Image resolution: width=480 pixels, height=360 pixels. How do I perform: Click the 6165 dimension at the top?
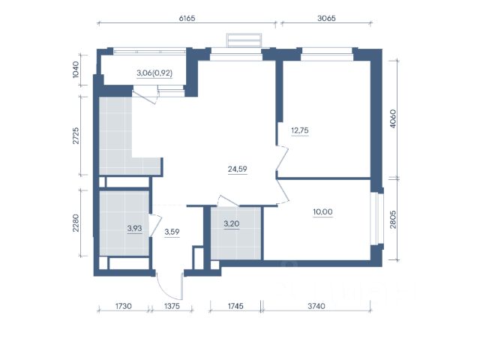click(x=187, y=18)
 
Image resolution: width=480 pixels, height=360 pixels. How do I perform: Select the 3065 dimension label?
click(x=326, y=18)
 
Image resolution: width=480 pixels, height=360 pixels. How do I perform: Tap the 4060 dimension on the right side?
click(x=393, y=118)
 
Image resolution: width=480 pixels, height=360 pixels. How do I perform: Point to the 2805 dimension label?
click(x=393, y=220)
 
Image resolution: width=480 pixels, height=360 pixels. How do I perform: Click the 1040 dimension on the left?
click(x=76, y=70)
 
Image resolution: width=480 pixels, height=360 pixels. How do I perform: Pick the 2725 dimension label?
click(x=76, y=136)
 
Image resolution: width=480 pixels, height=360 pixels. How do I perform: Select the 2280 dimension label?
click(x=76, y=223)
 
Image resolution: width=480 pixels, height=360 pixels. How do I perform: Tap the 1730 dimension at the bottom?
click(x=123, y=306)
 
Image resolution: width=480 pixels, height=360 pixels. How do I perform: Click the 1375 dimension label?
click(x=172, y=306)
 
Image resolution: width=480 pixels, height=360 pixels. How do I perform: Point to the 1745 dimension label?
click(x=235, y=306)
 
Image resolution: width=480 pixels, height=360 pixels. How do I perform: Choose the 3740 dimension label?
click(x=316, y=306)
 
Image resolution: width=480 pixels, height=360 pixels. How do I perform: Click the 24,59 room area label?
click(x=238, y=169)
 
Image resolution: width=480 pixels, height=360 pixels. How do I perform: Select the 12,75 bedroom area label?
click(x=300, y=130)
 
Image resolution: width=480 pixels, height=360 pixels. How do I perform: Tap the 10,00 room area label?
click(x=323, y=211)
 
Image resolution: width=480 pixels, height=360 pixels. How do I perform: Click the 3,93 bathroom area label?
click(x=135, y=228)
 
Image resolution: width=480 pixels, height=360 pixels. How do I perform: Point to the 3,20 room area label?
click(x=232, y=223)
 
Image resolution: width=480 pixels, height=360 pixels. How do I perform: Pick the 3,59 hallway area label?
click(x=172, y=232)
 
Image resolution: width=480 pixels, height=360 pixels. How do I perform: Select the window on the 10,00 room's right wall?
click(x=375, y=218)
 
